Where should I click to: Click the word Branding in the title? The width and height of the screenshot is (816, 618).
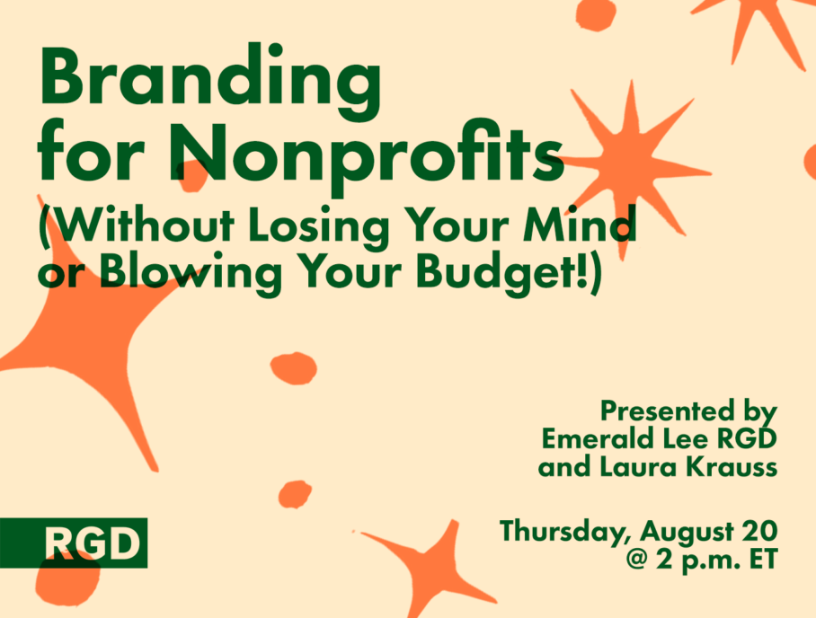coord(209,84)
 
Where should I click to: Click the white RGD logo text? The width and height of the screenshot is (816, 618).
coord(92,543)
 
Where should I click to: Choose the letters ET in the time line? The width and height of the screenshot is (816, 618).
coord(764,560)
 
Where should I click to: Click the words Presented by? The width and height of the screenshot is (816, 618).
coord(688,412)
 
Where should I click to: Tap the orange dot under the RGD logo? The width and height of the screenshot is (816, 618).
coord(67,578)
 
